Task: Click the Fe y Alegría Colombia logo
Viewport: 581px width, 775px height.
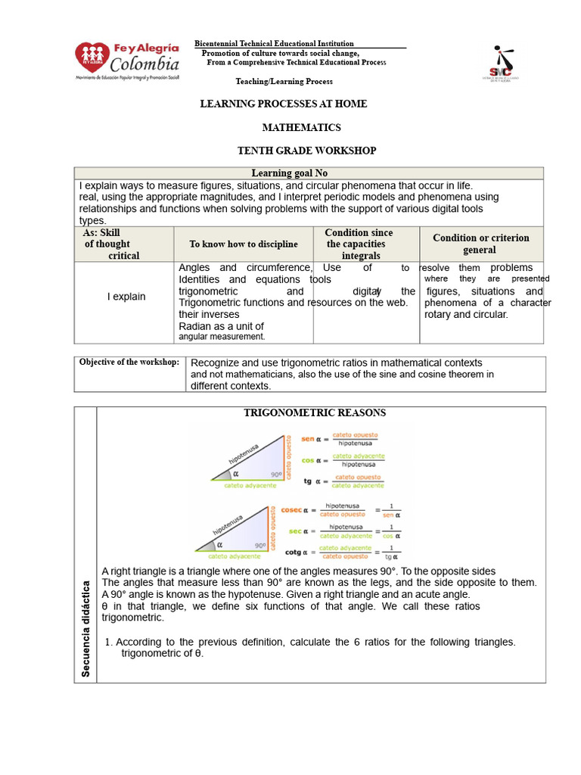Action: click(x=127, y=61)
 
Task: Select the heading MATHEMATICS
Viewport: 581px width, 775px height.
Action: click(x=301, y=128)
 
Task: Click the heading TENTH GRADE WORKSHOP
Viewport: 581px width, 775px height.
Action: click(x=306, y=151)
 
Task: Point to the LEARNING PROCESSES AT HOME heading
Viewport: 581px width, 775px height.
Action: click(x=283, y=104)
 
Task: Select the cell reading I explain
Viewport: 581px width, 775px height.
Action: click(x=126, y=297)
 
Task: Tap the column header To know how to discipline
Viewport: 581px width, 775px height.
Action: click(x=244, y=244)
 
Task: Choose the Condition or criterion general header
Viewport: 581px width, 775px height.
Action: click(x=480, y=244)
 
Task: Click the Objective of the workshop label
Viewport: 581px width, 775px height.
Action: click(x=129, y=362)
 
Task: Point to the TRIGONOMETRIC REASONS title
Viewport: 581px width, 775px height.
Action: click(x=314, y=412)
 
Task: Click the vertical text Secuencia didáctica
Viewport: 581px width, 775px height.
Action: click(x=85, y=628)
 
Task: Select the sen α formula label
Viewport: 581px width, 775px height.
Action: click(x=312, y=439)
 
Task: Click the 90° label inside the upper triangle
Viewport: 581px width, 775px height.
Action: click(x=275, y=475)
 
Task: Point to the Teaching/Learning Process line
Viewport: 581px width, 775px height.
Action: click(x=284, y=81)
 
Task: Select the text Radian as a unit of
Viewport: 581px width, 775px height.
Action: click(x=221, y=326)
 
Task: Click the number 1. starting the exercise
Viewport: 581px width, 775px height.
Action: click(x=108, y=642)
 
